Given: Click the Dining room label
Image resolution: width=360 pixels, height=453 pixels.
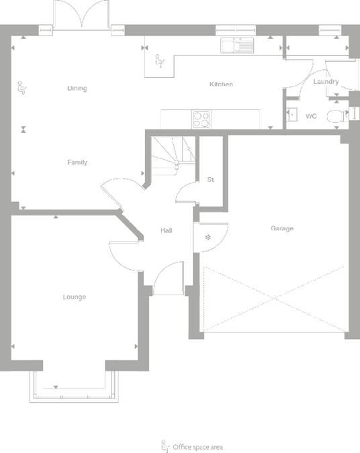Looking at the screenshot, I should click(77, 89).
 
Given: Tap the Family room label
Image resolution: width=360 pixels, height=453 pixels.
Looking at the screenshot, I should click(77, 162).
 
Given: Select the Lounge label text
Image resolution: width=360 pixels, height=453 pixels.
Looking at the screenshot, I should click(75, 297).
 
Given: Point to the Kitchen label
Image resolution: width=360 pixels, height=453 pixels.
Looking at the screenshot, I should click(221, 85).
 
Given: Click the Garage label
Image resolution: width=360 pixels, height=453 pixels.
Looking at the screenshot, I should click(282, 229).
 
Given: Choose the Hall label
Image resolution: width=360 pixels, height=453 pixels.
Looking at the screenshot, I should click(166, 231).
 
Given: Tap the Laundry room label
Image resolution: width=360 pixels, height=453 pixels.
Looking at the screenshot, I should click(326, 82).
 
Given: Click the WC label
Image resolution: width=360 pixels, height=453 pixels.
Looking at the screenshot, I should click(311, 116).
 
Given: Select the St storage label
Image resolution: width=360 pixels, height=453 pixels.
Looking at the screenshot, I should click(210, 180).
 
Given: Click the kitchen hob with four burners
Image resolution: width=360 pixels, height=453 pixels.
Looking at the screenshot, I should click(201, 119).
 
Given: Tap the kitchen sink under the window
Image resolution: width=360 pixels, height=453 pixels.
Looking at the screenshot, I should click(237, 46).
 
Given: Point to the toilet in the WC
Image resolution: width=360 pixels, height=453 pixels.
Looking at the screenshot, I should click(335, 115).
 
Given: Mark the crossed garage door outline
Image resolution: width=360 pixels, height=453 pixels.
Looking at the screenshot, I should click(275, 299).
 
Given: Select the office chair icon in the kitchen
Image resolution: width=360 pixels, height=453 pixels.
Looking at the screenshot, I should click(159, 61).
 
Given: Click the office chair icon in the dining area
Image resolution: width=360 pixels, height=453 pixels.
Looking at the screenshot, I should click(20, 86).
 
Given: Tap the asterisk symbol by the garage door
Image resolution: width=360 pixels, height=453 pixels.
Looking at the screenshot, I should click(208, 237).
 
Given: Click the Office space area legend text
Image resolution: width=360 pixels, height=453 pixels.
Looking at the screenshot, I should click(197, 446).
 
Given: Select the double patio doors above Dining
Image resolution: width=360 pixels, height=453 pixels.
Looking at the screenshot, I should click(81, 15).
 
